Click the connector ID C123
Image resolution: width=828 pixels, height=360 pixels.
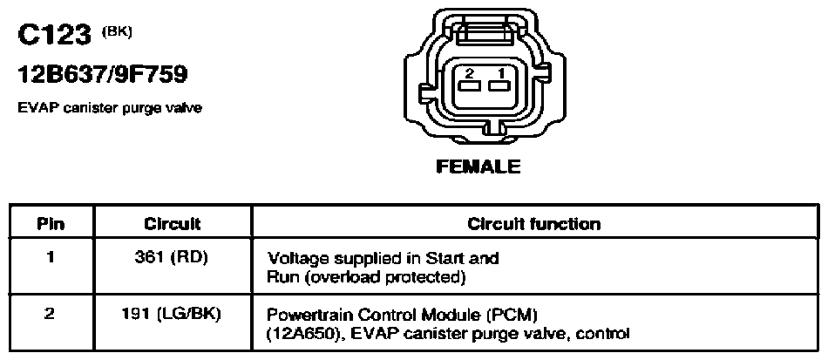click(x=54, y=37)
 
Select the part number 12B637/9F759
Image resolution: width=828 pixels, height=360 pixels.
click(x=103, y=76)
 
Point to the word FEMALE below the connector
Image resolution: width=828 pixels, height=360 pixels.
click(x=478, y=166)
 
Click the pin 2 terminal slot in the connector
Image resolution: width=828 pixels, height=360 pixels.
click(x=469, y=85)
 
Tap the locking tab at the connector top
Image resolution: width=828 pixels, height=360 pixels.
click(x=485, y=33)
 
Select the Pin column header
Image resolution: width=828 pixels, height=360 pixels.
click(x=51, y=224)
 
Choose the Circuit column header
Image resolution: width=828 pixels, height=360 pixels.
click(x=173, y=224)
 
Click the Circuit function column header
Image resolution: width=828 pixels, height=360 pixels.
click(x=534, y=224)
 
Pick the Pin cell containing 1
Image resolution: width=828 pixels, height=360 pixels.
click(x=51, y=259)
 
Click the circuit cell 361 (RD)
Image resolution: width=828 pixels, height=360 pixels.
click(x=173, y=259)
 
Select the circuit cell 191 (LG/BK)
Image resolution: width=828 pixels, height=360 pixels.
click(x=172, y=316)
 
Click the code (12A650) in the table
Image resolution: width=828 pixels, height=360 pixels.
click(x=297, y=334)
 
